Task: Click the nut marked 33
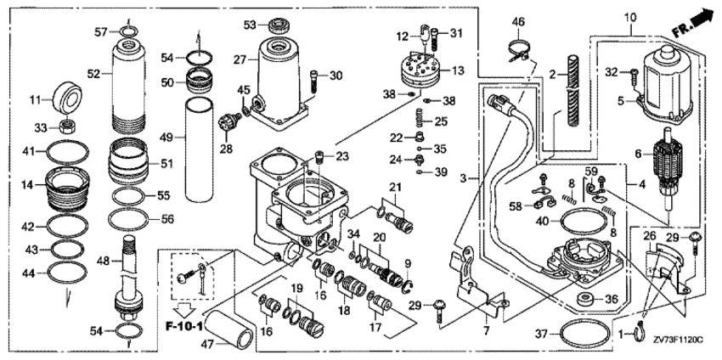65,127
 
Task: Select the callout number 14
28,184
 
